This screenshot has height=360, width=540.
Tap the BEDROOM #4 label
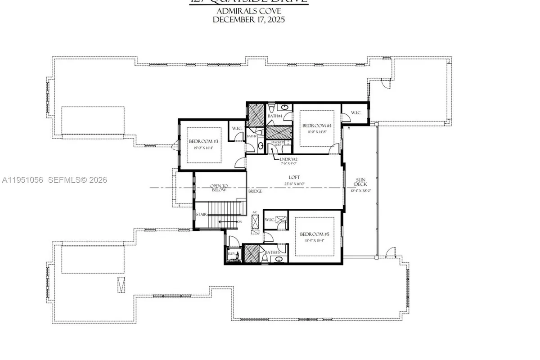click(317, 126)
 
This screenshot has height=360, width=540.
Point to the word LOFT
click(295, 177)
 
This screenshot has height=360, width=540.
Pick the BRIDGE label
click(255, 191)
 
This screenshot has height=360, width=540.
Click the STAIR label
click(201, 214)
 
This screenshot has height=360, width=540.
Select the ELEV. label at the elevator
click(231, 254)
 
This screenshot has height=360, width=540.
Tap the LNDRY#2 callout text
click(289, 159)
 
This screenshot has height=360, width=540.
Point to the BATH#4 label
click(274, 116)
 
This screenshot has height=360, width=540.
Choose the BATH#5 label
click(271, 252)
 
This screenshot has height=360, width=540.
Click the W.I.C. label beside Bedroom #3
click(237, 128)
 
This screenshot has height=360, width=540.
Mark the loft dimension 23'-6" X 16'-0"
click(295, 184)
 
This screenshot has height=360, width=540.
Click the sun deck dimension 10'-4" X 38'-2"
click(360, 190)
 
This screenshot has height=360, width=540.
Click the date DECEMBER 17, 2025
click(249, 19)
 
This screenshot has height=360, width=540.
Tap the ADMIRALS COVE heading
click(249, 11)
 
